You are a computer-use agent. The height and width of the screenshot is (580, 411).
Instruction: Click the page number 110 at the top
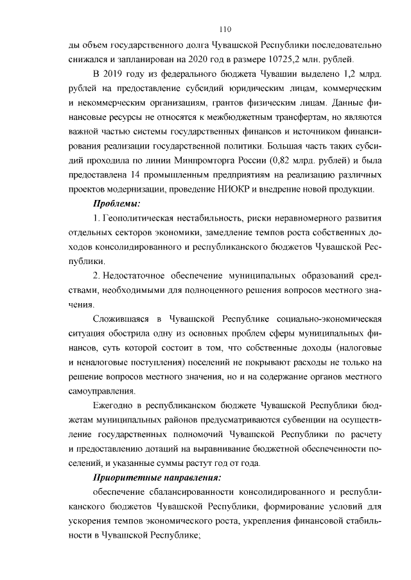225,29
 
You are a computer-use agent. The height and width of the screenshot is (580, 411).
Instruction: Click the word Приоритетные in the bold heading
125,477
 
